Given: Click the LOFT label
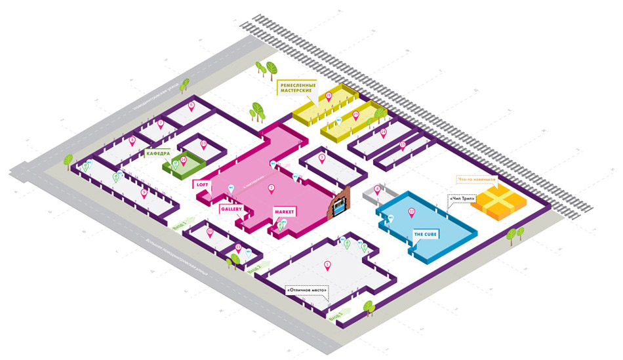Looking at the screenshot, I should (x=202, y=185).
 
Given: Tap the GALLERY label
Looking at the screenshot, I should (x=231, y=209).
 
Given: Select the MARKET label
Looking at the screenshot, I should (x=285, y=212).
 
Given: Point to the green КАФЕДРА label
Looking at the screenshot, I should (x=158, y=153).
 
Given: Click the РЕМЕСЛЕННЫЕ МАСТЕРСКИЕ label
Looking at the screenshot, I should (x=298, y=87).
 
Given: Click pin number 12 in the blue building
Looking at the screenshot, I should (x=411, y=211).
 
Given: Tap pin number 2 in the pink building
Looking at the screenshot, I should (x=271, y=188).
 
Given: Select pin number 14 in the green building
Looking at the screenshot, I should (x=184, y=159).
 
